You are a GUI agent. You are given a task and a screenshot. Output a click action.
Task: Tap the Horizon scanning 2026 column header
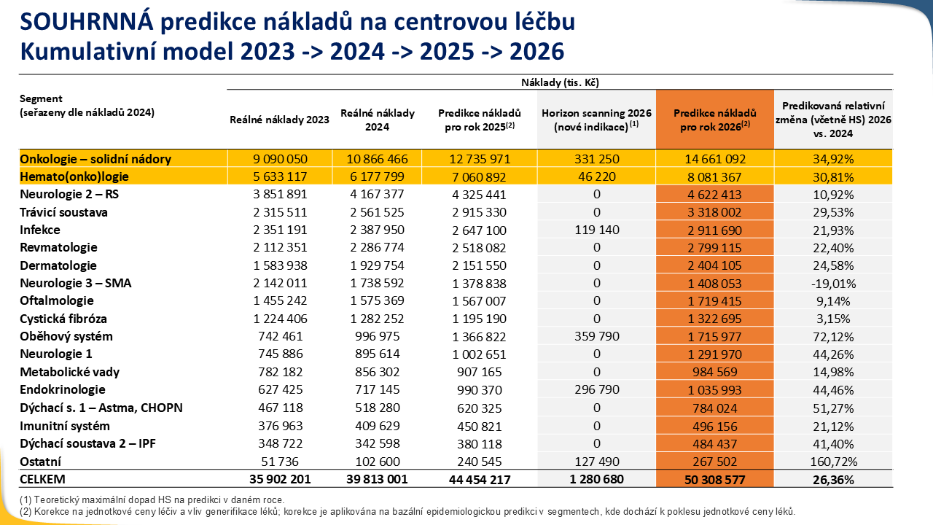(596, 120)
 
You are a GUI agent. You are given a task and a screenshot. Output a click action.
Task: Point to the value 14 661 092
(714, 159)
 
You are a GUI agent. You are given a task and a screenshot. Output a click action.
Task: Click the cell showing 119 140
(596, 230)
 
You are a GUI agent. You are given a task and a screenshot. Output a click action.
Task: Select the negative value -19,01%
(832, 283)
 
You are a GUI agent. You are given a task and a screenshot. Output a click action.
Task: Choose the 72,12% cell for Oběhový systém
(832, 337)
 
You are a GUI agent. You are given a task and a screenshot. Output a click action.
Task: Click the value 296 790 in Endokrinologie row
(596, 390)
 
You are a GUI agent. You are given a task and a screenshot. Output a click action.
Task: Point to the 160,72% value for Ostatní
(832, 462)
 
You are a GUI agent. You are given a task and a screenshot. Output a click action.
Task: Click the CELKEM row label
(43, 479)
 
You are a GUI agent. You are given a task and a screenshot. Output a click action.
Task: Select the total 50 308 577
(714, 480)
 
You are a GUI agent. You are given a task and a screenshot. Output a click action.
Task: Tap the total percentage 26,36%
(832, 480)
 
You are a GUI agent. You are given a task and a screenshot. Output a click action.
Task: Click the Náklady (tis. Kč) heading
(560, 82)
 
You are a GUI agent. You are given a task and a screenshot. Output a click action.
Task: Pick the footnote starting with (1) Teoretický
(152, 499)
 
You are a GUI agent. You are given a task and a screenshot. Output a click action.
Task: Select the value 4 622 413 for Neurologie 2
(714, 195)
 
